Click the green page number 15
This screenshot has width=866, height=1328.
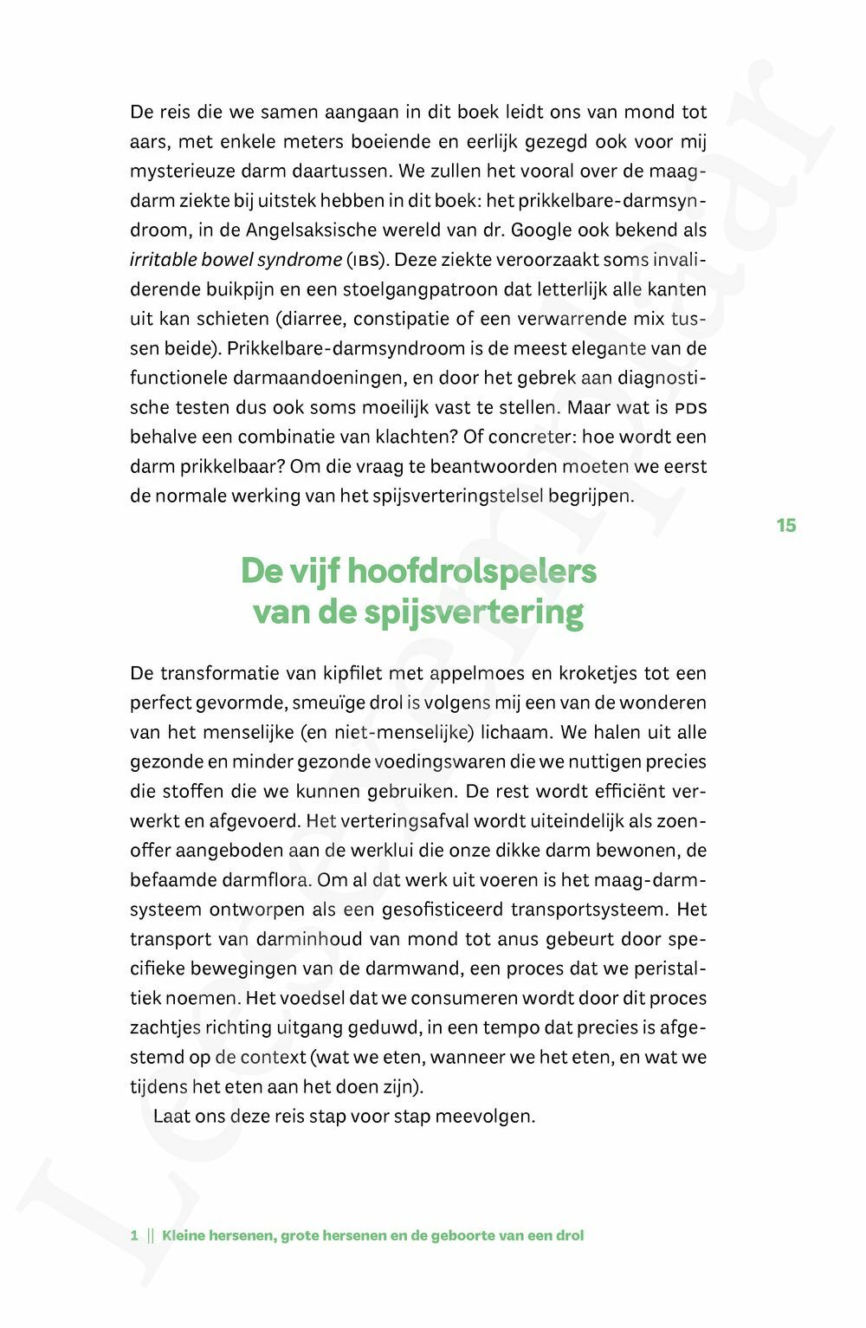coord(785,526)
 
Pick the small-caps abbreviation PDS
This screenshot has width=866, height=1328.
coord(690,407)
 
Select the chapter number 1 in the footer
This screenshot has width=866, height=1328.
coord(134,1235)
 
